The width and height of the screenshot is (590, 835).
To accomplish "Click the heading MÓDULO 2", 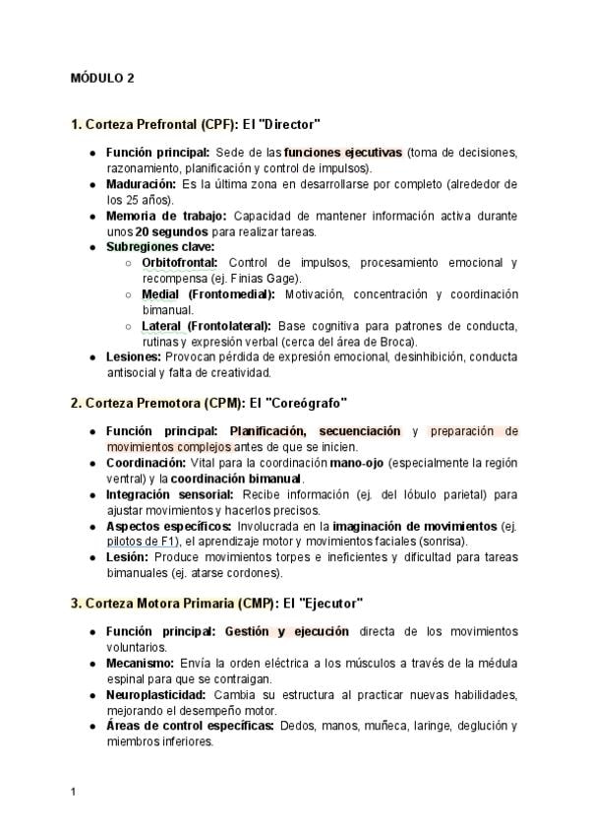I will (x=103, y=79).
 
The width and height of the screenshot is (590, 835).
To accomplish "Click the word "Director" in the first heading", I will (x=289, y=124).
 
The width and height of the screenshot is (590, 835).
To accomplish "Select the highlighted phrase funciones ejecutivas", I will (x=343, y=153).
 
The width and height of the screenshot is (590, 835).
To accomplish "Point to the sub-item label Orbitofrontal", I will (x=182, y=263).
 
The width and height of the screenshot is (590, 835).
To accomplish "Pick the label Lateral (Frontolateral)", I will (x=207, y=326).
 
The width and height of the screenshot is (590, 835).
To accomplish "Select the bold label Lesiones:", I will (x=133, y=357).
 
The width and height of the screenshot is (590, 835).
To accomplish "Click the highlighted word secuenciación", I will (x=358, y=431).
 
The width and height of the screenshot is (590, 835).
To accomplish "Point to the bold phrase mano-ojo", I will (x=358, y=463).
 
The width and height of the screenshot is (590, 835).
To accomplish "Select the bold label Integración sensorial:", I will (x=169, y=494).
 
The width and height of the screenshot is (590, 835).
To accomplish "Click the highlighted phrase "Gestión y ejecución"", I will (x=287, y=631).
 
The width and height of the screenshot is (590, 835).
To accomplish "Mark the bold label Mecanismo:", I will (x=140, y=663).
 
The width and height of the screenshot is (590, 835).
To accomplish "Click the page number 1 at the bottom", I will (x=74, y=791).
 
